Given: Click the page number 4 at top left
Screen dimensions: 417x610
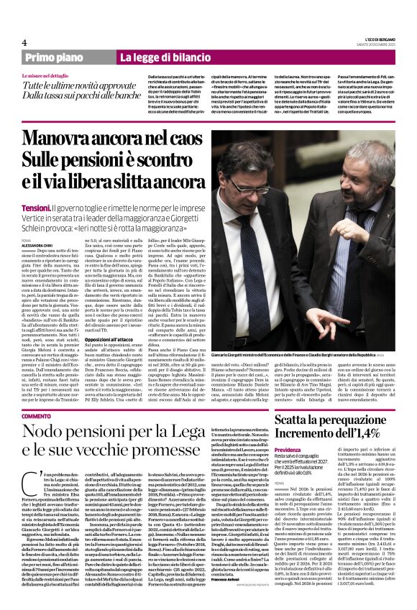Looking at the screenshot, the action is coord(24,42).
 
